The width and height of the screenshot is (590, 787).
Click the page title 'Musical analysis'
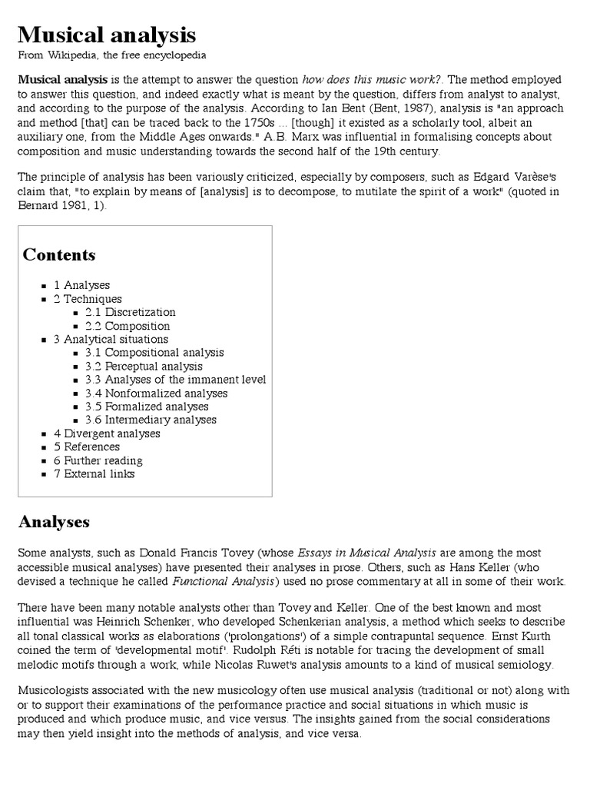[107, 35]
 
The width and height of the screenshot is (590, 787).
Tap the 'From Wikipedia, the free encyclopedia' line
[111, 55]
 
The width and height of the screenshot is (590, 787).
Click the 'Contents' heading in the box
[59, 254]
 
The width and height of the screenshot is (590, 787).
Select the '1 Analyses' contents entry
[81, 285]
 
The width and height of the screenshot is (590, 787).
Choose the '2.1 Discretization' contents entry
[130, 312]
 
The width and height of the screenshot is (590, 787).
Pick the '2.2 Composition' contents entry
[128, 326]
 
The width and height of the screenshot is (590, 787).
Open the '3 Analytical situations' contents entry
[111, 339]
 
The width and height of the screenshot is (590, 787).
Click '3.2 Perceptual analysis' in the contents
[144, 366]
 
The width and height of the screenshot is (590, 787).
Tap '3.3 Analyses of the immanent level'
[175, 380]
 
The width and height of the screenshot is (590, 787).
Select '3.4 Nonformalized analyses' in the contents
[156, 393]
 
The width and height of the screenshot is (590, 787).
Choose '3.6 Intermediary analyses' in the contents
[151, 420]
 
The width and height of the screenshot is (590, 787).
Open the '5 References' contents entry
[87, 447]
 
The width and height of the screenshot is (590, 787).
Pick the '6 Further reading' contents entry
[98, 460]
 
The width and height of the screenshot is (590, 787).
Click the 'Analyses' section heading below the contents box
[54, 522]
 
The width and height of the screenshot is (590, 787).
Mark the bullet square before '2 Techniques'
[45, 299]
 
